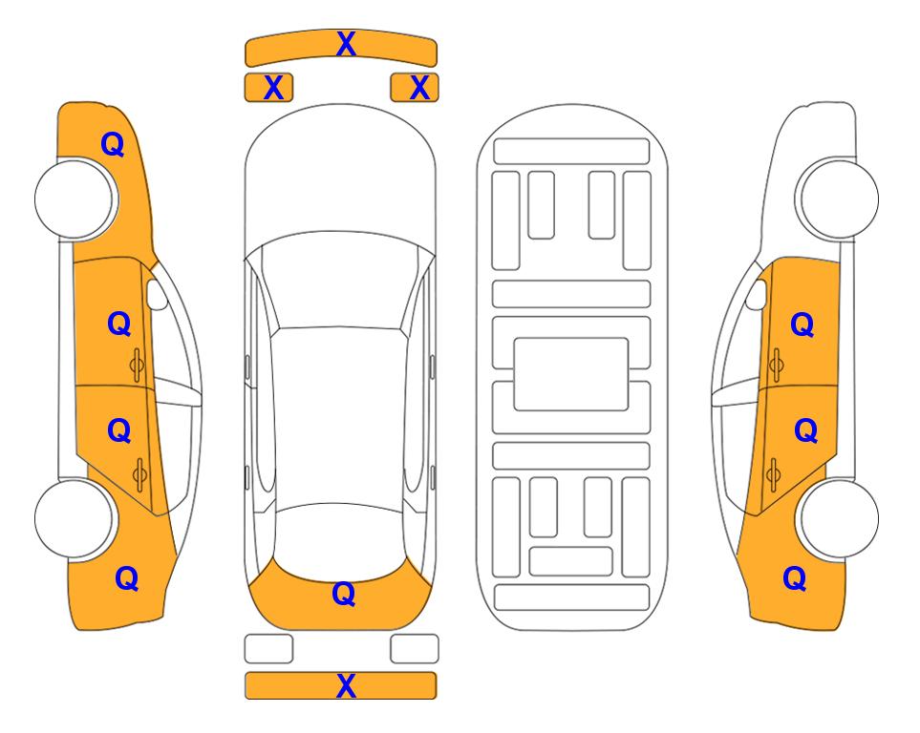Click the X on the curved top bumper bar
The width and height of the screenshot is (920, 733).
click(x=346, y=44)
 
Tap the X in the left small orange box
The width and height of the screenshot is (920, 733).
click(x=273, y=88)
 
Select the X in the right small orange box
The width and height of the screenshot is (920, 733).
click(x=419, y=88)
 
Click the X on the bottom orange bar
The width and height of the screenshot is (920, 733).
click(x=346, y=685)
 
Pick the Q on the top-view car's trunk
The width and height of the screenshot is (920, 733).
click(x=344, y=594)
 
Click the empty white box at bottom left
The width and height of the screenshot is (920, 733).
click(x=268, y=649)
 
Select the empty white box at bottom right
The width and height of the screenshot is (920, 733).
click(x=415, y=649)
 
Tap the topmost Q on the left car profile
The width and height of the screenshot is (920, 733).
click(x=113, y=144)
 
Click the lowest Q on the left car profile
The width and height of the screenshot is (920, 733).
click(x=127, y=578)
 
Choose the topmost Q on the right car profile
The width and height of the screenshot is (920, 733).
click(x=802, y=325)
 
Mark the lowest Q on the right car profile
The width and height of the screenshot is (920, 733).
click(x=795, y=578)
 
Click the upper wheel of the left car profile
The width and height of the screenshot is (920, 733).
click(x=75, y=199)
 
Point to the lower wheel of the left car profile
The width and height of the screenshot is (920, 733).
click(x=75, y=518)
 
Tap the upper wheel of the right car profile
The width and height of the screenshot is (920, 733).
click(x=838, y=199)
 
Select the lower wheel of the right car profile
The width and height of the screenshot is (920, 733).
click(x=838, y=518)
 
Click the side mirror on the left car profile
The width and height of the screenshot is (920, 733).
click(x=157, y=294)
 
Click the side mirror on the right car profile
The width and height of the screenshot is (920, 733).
click(x=757, y=294)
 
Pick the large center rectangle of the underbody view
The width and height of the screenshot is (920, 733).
click(x=571, y=374)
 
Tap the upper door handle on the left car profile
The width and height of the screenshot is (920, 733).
click(x=137, y=365)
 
